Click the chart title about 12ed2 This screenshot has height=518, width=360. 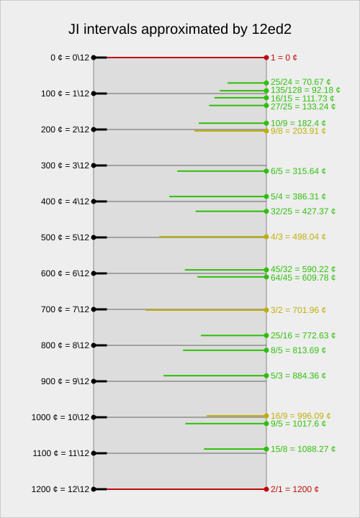point(180,29)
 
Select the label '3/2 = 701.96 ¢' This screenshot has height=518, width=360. point(298,310)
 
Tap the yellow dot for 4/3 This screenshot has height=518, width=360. point(266,237)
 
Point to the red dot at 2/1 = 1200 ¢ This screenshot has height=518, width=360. point(266,489)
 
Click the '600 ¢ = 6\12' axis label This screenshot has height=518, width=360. point(65,273)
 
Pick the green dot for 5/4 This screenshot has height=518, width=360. point(266,196)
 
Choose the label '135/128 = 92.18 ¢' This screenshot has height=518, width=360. point(305,90)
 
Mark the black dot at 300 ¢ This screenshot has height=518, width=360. point(94,165)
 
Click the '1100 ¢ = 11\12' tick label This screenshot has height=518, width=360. point(61,453)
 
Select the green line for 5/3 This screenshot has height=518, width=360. point(215,376)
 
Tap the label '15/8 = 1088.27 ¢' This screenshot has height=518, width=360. point(303,449)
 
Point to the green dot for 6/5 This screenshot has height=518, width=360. point(266,171)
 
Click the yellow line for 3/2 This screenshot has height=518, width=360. point(206,310)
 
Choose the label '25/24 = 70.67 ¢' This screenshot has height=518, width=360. point(301,82)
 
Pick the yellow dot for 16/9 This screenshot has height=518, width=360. point(266,416)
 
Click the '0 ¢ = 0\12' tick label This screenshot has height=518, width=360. point(70,58)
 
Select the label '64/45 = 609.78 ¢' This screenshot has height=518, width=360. point(303,278)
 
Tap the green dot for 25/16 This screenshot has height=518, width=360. point(266,336)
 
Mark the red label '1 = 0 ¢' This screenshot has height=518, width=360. point(284,58)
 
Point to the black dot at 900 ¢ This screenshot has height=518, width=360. point(94,381)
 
